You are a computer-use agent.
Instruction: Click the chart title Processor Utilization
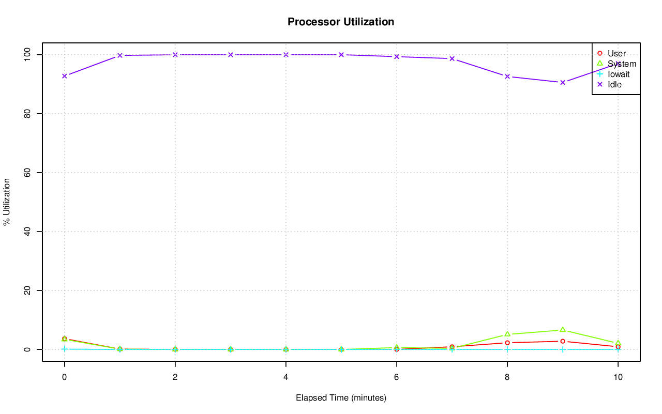341,22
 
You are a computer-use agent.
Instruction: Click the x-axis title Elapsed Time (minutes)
341,398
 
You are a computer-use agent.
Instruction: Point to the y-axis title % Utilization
7,202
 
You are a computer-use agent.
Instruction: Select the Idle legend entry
614,84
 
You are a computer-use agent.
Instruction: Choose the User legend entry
616,53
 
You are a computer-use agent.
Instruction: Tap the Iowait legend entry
619,74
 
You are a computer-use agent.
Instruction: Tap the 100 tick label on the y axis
26,54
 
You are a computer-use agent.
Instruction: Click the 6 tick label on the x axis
396,377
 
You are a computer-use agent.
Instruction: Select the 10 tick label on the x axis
618,377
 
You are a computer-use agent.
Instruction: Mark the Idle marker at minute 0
65,76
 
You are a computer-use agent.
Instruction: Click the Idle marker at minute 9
562,82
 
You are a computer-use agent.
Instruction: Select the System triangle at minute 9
562,330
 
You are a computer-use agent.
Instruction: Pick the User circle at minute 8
507,343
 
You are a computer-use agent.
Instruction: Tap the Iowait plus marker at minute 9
562,349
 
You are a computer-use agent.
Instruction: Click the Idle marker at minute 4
286,55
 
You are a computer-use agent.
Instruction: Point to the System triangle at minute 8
507,334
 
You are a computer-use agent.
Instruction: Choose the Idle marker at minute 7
452,58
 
